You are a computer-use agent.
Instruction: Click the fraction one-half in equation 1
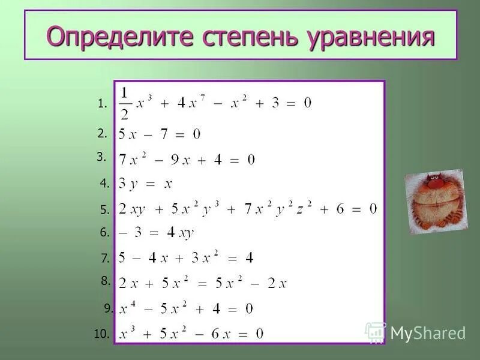tap(124, 103)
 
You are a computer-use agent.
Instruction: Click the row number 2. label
tap(102, 133)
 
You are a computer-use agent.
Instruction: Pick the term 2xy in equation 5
tap(132, 209)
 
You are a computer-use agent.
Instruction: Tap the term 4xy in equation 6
tap(180, 233)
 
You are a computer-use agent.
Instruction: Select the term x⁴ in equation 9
tap(127, 308)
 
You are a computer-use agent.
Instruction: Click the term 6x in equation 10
tap(223, 334)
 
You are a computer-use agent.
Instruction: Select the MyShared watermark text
tap(427, 334)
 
